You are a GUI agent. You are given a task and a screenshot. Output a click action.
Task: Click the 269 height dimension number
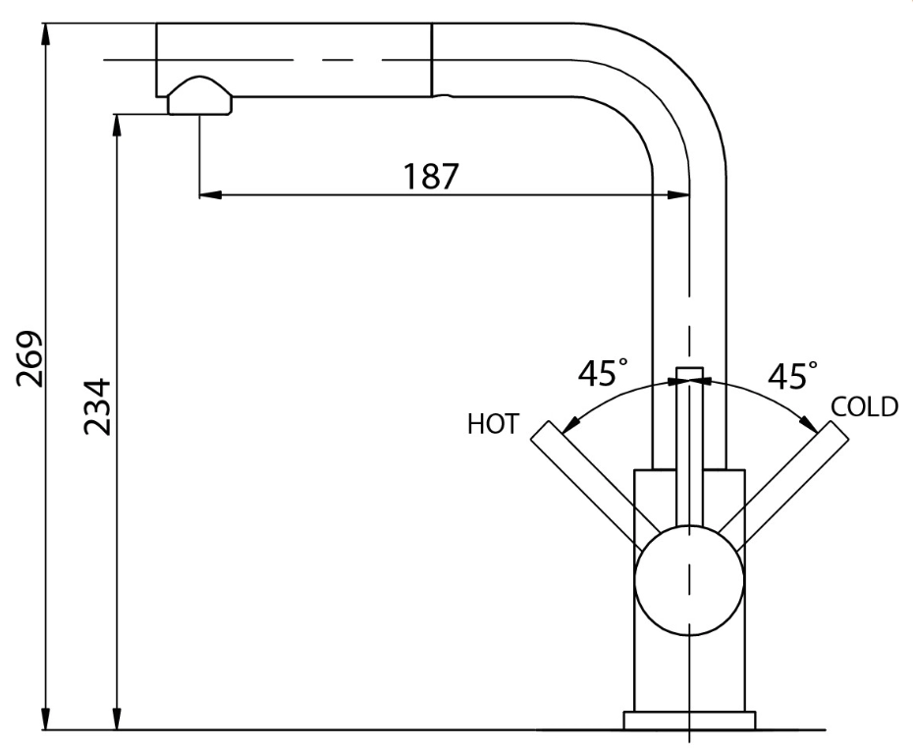29,359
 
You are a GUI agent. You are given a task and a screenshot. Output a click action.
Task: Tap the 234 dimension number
96,407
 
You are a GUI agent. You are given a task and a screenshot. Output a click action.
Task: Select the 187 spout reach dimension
431,176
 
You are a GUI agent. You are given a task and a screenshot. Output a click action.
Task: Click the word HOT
493,424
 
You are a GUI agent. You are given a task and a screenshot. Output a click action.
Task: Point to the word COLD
864,407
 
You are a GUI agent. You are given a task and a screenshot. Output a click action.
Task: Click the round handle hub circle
689,580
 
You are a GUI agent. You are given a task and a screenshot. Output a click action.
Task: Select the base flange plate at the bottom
689,721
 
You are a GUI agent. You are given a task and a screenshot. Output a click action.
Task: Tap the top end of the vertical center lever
689,367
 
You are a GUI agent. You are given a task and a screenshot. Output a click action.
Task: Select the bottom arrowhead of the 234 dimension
117,719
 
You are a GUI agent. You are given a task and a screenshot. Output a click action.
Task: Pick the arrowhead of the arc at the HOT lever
568,424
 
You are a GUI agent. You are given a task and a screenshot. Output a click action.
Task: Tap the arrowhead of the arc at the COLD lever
810,424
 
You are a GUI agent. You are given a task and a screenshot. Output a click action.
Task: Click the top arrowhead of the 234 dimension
117,125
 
